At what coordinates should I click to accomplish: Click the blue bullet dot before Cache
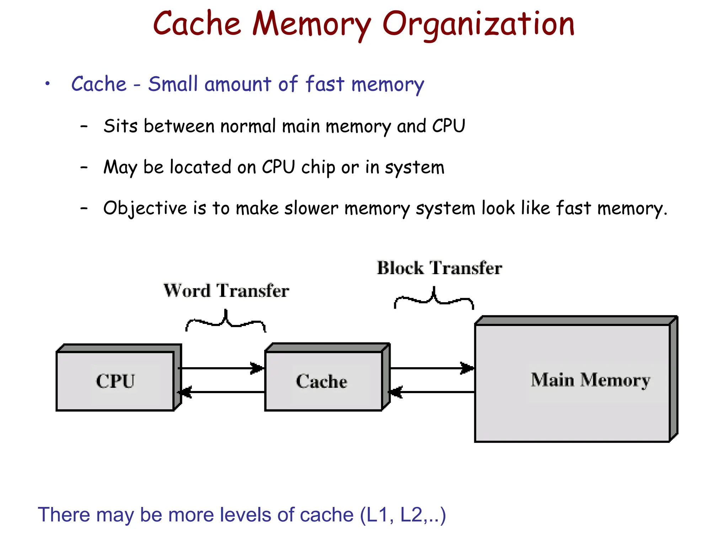tap(47, 84)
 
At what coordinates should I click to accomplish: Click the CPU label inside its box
tap(116, 381)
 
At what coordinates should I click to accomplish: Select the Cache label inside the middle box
tap(321, 381)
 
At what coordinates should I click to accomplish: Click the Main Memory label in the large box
tap(590, 380)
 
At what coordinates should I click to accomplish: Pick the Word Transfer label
tap(226, 290)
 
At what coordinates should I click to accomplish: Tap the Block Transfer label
tap(439, 268)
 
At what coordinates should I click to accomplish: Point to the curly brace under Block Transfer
tap(434, 299)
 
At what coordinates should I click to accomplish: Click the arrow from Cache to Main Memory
tap(432, 368)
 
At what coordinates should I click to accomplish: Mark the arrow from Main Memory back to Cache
tap(432, 392)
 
